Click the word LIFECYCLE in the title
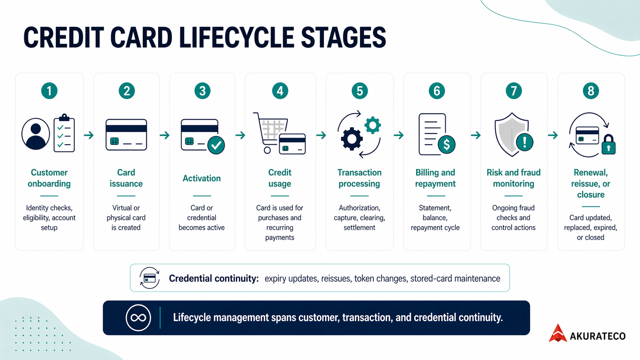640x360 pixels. pos(237,37)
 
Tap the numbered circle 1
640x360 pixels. pos(49,91)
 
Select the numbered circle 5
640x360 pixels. pos(359,91)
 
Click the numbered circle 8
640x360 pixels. pos(591,91)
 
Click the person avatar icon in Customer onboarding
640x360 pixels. pos(36,134)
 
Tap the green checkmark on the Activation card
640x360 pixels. pos(216,145)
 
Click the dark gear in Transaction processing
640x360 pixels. pos(351,139)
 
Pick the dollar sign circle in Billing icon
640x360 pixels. pos(446,145)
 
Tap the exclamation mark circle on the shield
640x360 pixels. pos(524,142)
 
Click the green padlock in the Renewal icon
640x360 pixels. pos(608,145)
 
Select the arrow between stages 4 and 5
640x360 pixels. pos(321,135)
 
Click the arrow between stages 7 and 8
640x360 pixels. pos(552,135)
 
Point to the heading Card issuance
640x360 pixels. pos(126,178)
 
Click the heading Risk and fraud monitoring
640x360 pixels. pos(513,178)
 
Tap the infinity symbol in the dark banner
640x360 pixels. pos(138,318)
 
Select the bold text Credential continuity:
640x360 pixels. pos(214,279)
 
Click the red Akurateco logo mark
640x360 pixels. pos(558,333)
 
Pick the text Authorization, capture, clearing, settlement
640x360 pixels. pos(359,218)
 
